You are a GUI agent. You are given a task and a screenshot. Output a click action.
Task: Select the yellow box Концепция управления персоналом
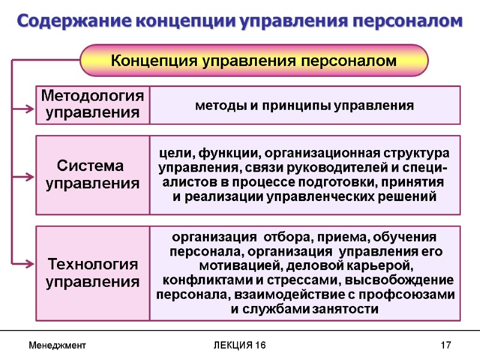tap(254, 61)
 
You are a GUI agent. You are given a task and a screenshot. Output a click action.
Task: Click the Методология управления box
tap(93, 104)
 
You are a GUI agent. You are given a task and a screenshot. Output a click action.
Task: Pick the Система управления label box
tap(93, 175)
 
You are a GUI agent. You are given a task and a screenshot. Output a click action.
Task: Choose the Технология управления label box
tap(93, 273)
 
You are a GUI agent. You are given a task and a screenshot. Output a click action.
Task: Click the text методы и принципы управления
tap(304, 106)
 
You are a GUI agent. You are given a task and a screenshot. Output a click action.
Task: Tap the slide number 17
tap(445, 346)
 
